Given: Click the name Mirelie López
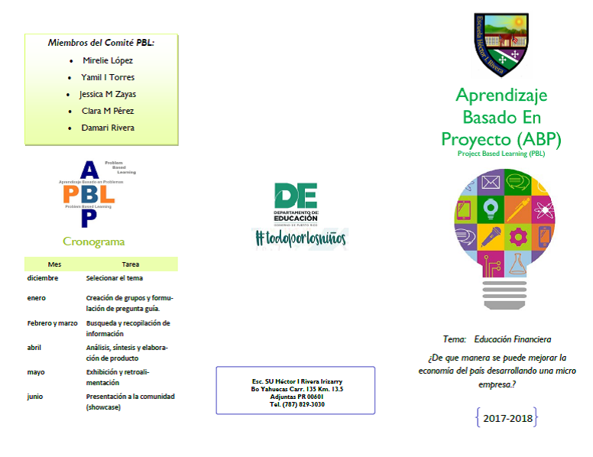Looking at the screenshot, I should (x=107, y=60).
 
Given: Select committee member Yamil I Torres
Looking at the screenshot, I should (x=107, y=77).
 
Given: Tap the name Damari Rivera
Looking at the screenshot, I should (x=107, y=128).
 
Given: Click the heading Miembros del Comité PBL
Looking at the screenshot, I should (x=101, y=43).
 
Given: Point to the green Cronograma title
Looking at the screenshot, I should (x=93, y=242).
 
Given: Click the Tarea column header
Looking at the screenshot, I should (x=131, y=264).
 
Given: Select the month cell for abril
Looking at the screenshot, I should (x=35, y=348).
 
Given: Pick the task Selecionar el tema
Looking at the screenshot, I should (x=115, y=278).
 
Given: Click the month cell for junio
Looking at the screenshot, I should (x=35, y=397).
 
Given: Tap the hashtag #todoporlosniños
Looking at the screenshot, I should (x=300, y=238).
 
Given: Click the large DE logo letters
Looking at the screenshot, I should (x=295, y=196).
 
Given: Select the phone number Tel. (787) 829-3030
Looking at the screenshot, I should (x=296, y=404).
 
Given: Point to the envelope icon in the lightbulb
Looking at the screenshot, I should (x=490, y=183).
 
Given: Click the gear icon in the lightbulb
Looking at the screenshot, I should (x=518, y=235).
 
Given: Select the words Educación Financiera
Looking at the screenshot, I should (x=512, y=339).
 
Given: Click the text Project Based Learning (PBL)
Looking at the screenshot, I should (x=501, y=154).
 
